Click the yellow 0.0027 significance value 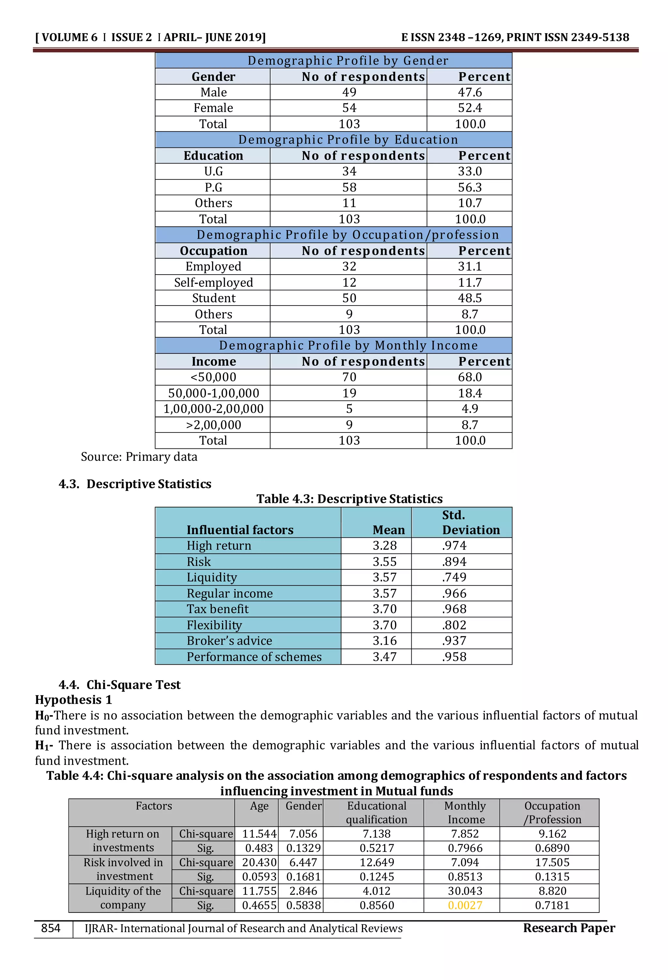(465, 905)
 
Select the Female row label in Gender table (213, 108)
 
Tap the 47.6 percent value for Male (469, 92)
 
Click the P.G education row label (213, 187)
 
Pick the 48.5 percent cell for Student (469, 298)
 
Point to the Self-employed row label (213, 282)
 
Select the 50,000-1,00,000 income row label (213, 393)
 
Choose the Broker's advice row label (229, 641)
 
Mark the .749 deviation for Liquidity (454, 577)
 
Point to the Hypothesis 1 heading (73, 700)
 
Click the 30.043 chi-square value (465, 891)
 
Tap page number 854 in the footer (51, 928)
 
